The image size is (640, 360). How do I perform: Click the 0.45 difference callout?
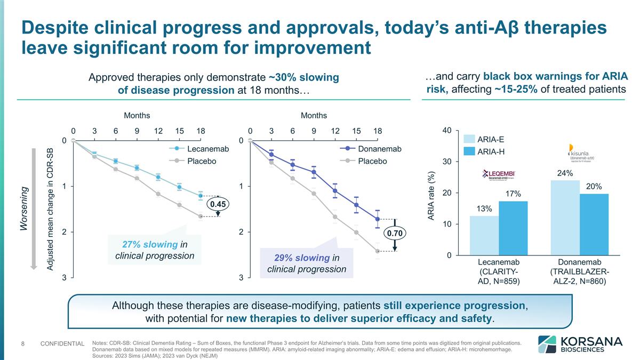[x=218, y=204]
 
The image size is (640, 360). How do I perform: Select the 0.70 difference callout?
[x=395, y=233]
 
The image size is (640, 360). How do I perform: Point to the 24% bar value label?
[x=565, y=173]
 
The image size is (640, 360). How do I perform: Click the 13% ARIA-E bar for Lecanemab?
[x=484, y=235]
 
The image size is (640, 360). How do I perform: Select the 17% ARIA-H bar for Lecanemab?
[x=513, y=228]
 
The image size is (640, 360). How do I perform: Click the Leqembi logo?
[x=501, y=173]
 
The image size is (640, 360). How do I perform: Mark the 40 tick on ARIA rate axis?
[x=447, y=130]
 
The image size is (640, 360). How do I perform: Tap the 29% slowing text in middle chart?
[x=302, y=258]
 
